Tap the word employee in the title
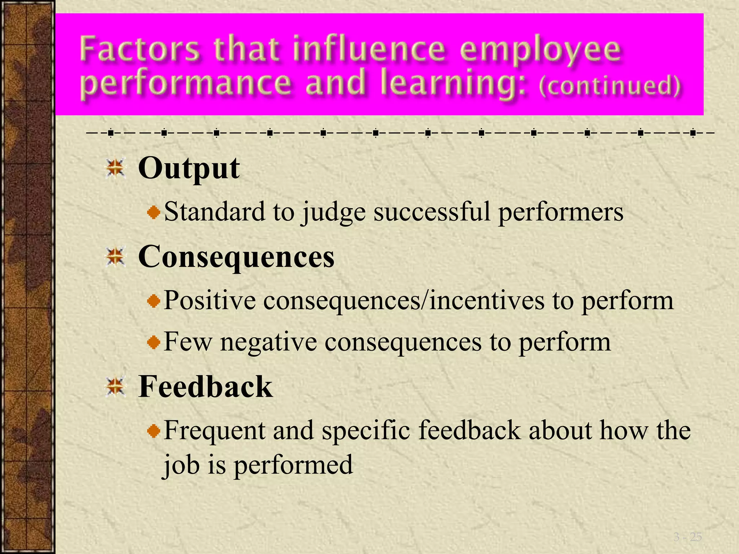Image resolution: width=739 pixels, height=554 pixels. [540, 50]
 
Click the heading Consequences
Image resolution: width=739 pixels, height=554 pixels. [236, 256]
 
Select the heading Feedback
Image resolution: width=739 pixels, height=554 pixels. [205, 386]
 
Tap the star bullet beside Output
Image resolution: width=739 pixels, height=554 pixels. [115, 168]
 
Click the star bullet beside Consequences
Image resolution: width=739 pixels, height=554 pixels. [115, 257]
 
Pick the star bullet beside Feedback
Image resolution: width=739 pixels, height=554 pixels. [115, 387]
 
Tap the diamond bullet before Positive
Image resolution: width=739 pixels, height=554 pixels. [154, 301]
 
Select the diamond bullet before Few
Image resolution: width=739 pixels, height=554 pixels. [154, 342]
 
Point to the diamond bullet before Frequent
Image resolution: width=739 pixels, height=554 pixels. [154, 431]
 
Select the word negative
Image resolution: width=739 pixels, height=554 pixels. [268, 342]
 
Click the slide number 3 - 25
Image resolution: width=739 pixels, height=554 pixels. [687, 537]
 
